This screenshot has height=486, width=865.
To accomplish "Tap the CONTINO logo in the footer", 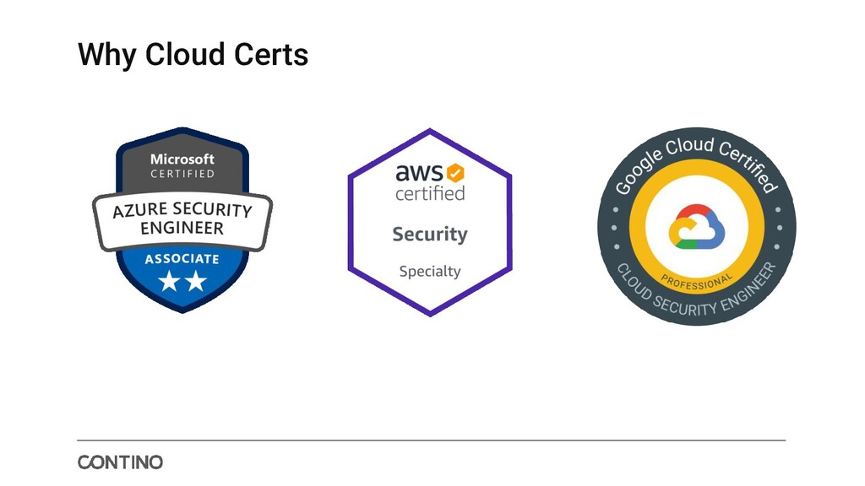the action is pyautogui.click(x=120, y=462).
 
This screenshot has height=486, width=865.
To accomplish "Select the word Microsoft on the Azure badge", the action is pyautogui.click(x=182, y=159).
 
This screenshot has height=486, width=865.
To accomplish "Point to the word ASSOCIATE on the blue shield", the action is pyautogui.click(x=182, y=259).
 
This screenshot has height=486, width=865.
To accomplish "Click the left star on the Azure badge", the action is pyautogui.click(x=169, y=282).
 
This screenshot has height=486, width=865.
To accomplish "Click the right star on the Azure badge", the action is pyautogui.click(x=196, y=282).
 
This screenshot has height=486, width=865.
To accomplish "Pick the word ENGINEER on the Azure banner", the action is pyautogui.click(x=182, y=229).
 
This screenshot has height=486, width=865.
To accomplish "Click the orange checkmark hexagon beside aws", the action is pyautogui.click(x=455, y=173).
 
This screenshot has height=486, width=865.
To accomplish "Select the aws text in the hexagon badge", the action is pyautogui.click(x=419, y=173).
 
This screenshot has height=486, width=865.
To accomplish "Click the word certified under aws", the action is pyautogui.click(x=430, y=193).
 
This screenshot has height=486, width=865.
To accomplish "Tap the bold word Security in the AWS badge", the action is pyautogui.click(x=430, y=234).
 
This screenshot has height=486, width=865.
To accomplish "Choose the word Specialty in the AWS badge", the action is pyautogui.click(x=430, y=271).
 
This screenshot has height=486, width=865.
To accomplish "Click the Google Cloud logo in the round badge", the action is pyautogui.click(x=697, y=228).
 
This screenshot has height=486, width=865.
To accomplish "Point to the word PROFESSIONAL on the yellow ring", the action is pyautogui.click(x=697, y=280).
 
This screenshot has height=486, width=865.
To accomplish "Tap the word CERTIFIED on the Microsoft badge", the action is pyautogui.click(x=182, y=175).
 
